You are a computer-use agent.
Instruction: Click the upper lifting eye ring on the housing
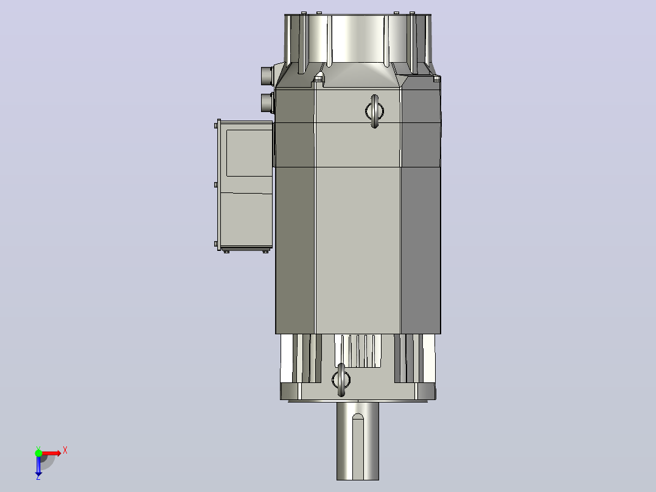pyautogui.click(x=374, y=111)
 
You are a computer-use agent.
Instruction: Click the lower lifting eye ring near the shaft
pyautogui.click(x=341, y=380)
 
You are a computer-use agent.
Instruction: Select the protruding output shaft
pyautogui.click(x=358, y=440)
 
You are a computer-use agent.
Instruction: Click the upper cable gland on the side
pyautogui.click(x=268, y=76)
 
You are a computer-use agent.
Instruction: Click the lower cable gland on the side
pyautogui.click(x=268, y=102)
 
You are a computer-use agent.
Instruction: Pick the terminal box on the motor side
pyautogui.click(x=245, y=186)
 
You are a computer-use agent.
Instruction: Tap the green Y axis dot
pyautogui.click(x=38, y=452)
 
